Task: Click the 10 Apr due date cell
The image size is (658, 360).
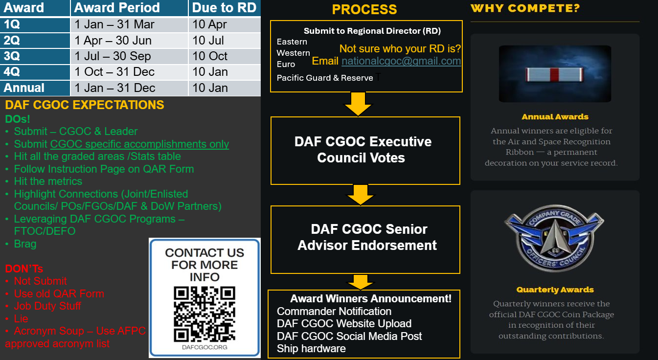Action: pyautogui.click(x=225, y=24)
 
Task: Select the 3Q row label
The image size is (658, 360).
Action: pyautogui.click(x=35, y=56)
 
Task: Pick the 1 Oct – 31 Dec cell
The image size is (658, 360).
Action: pyautogui.click(x=129, y=72)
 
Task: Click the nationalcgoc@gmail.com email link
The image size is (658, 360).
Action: pyautogui.click(x=401, y=61)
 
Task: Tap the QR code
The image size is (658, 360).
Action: pyautogui.click(x=204, y=314)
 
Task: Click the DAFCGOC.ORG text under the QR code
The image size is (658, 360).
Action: pyautogui.click(x=204, y=347)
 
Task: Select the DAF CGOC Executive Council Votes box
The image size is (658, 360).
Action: pyautogui.click(x=365, y=151)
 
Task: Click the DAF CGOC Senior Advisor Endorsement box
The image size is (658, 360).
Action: pyautogui.click(x=365, y=240)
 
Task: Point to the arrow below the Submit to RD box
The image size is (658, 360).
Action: pyautogui.click(x=358, y=104)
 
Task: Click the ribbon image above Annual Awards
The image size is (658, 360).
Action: pyautogui.click(x=555, y=74)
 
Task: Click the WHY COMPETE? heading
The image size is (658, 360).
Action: pyautogui.click(x=525, y=8)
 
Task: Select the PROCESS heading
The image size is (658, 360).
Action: pyautogui.click(x=364, y=9)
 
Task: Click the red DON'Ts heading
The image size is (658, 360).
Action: pyautogui.click(x=24, y=269)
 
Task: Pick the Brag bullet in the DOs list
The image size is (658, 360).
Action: pyautogui.click(x=25, y=244)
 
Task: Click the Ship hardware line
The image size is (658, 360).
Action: pyautogui.click(x=311, y=349)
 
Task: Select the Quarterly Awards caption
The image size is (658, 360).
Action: pyautogui.click(x=555, y=290)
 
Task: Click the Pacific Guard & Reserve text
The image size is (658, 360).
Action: pyautogui.click(x=324, y=78)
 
